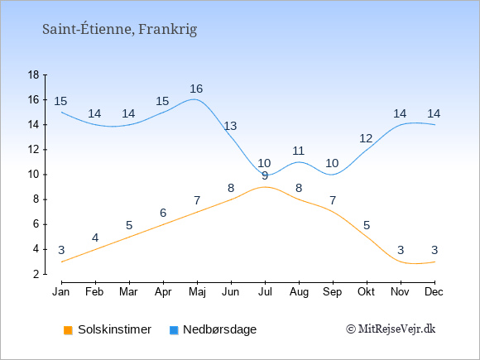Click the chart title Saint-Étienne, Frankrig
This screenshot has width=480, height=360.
(119, 30)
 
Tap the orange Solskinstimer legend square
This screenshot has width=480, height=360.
(68, 330)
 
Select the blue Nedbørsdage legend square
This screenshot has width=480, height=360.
(174, 330)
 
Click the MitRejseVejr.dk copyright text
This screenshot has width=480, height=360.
(391, 329)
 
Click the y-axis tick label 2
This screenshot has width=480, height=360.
(36, 274)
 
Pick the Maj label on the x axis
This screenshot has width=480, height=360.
(197, 292)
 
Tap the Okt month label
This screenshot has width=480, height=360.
(366, 292)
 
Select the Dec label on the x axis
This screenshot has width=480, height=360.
(434, 292)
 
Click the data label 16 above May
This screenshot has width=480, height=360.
(196, 89)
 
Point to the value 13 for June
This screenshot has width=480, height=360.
(230, 126)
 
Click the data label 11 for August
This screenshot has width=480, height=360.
(298, 151)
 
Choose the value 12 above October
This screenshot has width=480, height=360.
(366, 138)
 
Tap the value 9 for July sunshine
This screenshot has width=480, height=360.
(265, 175)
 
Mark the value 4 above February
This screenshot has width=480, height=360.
(95, 238)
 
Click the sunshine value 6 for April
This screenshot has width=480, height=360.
(163, 213)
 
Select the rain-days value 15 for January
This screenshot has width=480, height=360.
(60, 101)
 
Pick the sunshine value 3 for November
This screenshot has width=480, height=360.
(401, 250)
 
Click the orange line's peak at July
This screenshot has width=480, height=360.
(265, 187)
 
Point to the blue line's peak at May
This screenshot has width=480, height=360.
(194, 99)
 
